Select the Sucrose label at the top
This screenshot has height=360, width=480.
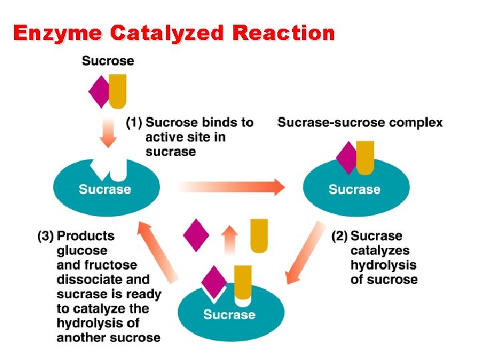pos(108,61)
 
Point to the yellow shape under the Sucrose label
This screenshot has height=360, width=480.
pos(117,91)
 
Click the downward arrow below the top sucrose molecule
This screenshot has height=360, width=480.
pos(109,133)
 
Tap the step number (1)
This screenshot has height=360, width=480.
pos(134,123)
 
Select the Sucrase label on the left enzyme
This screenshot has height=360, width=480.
pos(105,189)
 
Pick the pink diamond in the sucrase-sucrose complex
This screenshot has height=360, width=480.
pos(347,159)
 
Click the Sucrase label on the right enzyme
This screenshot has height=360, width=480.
pos(355,189)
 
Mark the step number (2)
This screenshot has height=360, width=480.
pos(339,236)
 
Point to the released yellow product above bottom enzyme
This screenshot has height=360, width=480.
pos(259,235)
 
